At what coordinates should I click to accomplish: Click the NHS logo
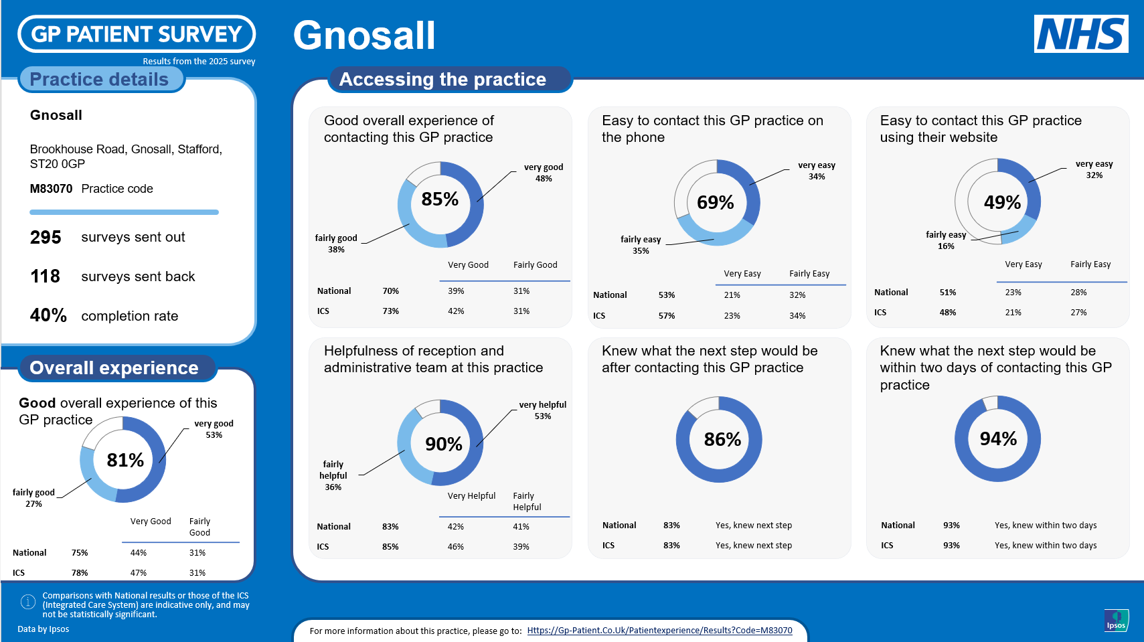point(1080,33)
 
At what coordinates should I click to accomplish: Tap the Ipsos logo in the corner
point(1116,620)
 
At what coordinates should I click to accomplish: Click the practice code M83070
point(51,189)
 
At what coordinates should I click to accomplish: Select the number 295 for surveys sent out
point(46,238)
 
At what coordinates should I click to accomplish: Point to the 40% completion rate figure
point(48,315)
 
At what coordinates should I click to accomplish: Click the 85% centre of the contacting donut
point(440,199)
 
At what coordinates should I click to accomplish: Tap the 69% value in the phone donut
point(715,202)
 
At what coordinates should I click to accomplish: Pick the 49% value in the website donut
point(1002,202)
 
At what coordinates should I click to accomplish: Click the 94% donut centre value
point(998,438)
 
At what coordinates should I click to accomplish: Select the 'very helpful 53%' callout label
point(542,410)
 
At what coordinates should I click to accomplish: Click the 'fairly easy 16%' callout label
point(946,240)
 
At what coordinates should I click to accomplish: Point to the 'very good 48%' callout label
point(543,173)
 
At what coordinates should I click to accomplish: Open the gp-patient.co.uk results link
point(659,631)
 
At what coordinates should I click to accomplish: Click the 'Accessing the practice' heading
point(442,79)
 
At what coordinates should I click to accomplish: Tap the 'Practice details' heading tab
point(99,79)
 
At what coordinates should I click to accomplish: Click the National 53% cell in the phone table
point(667,295)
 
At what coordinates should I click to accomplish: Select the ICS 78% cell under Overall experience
point(80,573)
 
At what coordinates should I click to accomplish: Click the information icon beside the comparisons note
point(28,602)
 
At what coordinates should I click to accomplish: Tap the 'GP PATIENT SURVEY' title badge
point(137,33)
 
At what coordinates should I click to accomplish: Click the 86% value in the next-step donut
point(722,439)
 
